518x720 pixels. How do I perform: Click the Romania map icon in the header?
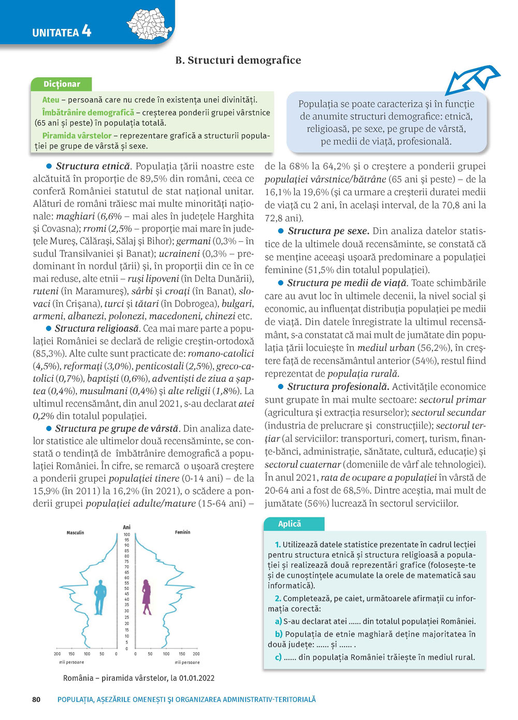(x=149, y=24)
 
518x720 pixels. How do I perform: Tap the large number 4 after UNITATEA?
(x=87, y=31)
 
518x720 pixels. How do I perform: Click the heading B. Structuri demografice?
(x=238, y=60)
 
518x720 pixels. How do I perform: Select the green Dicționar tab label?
(x=62, y=84)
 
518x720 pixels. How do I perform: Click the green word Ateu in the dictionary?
(x=51, y=100)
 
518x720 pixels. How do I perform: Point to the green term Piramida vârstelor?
(x=77, y=136)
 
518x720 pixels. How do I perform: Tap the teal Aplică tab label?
(x=290, y=524)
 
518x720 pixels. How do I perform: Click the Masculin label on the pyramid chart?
(x=75, y=532)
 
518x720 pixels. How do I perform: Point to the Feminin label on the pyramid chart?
(x=182, y=532)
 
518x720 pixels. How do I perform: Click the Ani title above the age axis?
(x=126, y=527)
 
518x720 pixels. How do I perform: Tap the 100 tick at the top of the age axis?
(x=126, y=535)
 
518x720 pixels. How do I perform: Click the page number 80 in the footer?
(x=36, y=699)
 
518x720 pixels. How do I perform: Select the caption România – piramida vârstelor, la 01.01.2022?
(x=139, y=678)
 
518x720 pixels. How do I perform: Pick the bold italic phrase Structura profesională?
(x=338, y=386)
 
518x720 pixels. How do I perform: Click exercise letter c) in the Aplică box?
(x=278, y=657)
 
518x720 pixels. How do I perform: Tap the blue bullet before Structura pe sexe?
(x=281, y=231)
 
